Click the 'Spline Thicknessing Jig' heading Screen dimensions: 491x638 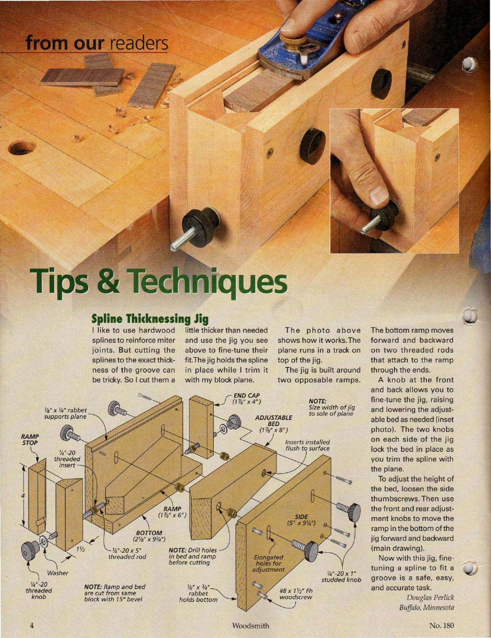(150, 318)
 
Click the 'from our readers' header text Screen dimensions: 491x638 (97, 43)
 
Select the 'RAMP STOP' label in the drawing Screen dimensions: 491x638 (30, 439)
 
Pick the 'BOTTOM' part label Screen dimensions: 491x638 (149, 533)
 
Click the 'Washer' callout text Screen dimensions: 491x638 (58, 573)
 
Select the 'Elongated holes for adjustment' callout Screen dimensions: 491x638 (269, 563)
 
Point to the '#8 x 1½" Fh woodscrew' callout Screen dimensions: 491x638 (295, 594)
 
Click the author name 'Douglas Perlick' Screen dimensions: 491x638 (430, 597)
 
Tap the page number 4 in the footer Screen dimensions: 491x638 (31, 626)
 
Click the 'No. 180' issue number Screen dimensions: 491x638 (441, 626)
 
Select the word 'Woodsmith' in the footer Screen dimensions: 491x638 (251, 626)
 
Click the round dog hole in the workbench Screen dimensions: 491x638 (22, 148)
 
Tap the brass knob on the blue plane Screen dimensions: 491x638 (292, 40)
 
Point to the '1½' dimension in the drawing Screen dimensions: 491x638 (80, 549)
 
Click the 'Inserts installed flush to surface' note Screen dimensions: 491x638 (307, 445)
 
